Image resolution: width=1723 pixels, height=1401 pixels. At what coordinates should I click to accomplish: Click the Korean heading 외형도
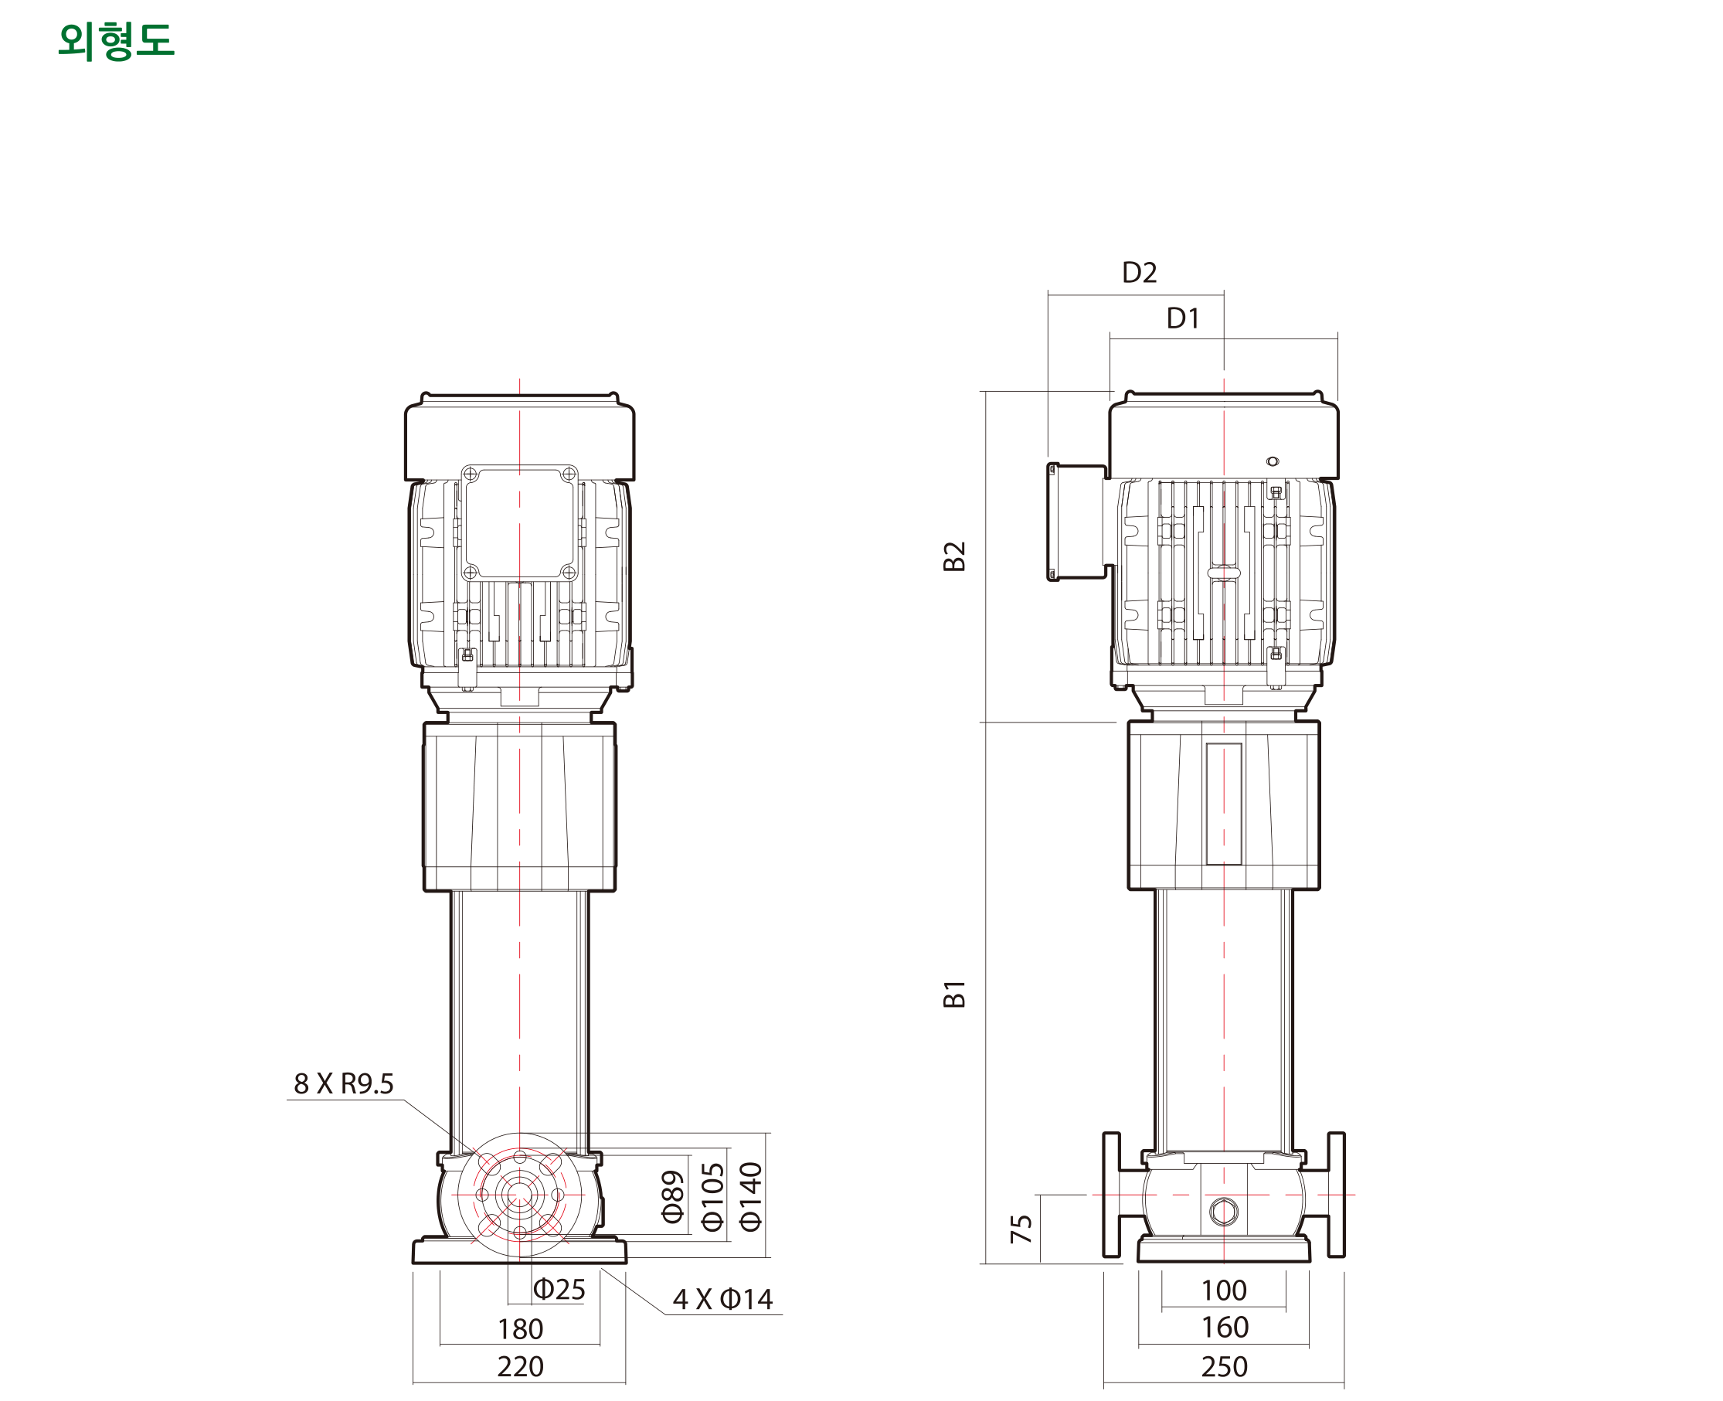pos(116,41)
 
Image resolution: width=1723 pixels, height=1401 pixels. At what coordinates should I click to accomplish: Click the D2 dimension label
pos(1139,273)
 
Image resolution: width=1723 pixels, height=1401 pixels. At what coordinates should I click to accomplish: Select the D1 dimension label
pos(1183,318)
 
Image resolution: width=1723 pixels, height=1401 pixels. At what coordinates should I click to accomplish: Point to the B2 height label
pos(954,556)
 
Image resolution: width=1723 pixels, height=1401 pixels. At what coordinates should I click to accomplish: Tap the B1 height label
pos(954,995)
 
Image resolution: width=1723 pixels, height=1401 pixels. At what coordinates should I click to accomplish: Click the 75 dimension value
pos(1021,1229)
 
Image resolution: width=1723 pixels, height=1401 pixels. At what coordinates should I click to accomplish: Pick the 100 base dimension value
pos(1223,1290)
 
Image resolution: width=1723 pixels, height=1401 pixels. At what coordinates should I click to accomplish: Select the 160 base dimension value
pos(1225,1328)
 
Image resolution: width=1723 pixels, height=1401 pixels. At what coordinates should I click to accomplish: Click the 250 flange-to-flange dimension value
pos(1225,1367)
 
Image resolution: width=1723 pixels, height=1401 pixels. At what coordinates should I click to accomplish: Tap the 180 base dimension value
pos(521,1329)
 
